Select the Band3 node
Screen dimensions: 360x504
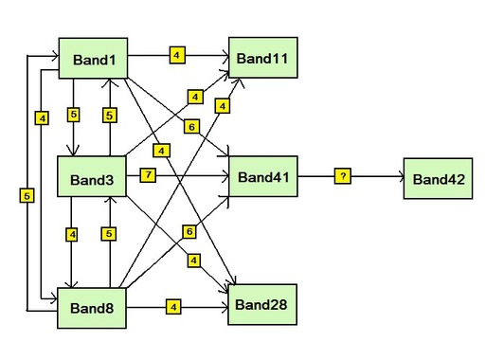[x=93, y=178]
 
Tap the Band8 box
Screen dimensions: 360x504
[x=93, y=306]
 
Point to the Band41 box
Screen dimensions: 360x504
[x=262, y=176]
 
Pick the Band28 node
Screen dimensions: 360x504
[x=261, y=305]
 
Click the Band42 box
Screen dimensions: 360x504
[x=438, y=178]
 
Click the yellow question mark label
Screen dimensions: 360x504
[x=342, y=176]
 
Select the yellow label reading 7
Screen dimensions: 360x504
[x=148, y=175]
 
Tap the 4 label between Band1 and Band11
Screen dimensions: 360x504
[x=177, y=55]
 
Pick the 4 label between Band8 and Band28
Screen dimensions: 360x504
[x=173, y=306]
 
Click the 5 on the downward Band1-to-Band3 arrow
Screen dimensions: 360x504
[x=74, y=115]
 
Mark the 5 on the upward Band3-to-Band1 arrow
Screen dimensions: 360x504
[x=110, y=116]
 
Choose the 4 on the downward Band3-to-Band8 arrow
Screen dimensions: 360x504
[x=73, y=233]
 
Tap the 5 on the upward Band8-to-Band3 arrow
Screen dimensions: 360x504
[x=110, y=233]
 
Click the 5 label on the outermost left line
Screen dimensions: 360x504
[x=26, y=195]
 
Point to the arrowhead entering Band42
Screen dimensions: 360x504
[x=400, y=177]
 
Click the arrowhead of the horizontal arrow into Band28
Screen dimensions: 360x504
[x=224, y=306]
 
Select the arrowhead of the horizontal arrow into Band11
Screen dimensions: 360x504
[x=224, y=55]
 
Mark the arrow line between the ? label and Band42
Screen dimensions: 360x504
[x=374, y=177]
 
